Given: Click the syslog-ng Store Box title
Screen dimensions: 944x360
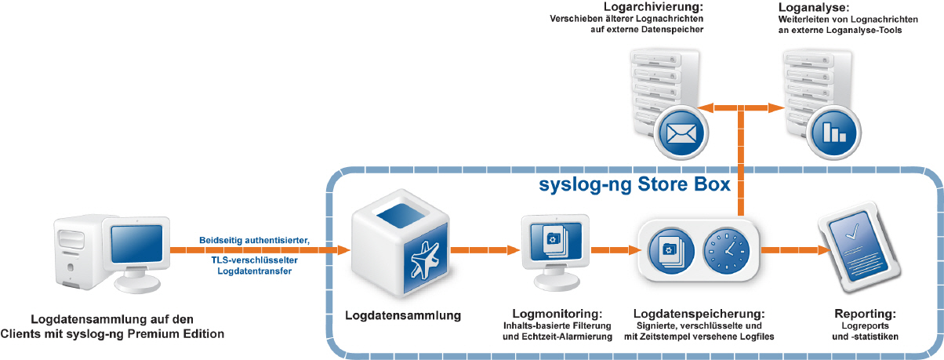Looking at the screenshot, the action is coord(634,185).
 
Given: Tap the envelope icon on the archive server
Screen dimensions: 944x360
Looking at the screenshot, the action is coord(681,133).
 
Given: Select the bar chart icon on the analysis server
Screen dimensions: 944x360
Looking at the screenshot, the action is coord(834,133).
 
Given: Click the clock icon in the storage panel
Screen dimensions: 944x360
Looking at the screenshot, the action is coord(726,251).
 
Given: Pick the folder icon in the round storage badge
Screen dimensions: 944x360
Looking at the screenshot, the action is coord(671,251).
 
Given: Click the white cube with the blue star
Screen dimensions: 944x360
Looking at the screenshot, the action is coord(401,244).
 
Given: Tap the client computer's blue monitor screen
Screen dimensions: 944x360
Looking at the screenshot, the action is coord(136,244).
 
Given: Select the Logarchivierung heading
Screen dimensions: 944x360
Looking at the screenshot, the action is coord(653,7).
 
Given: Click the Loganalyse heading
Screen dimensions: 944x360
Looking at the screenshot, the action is coord(812,7).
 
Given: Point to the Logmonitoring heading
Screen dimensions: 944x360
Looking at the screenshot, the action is coord(557,314).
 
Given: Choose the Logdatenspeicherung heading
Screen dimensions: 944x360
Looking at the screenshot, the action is coord(699,314).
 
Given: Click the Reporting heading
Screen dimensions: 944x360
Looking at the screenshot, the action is coord(865,314).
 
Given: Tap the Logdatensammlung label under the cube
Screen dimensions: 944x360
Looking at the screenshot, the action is coord(403,315).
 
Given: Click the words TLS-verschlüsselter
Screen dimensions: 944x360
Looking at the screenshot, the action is coord(255,260).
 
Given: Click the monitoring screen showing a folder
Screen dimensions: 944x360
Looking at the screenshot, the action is coord(556,252).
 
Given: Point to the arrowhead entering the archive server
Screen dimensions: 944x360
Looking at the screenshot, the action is coord(704,108).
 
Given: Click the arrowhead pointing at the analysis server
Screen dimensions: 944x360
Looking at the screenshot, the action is coord(776,108).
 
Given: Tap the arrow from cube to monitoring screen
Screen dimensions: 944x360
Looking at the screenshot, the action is coord(485,250).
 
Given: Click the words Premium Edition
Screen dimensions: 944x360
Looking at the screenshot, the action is coord(176,334).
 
